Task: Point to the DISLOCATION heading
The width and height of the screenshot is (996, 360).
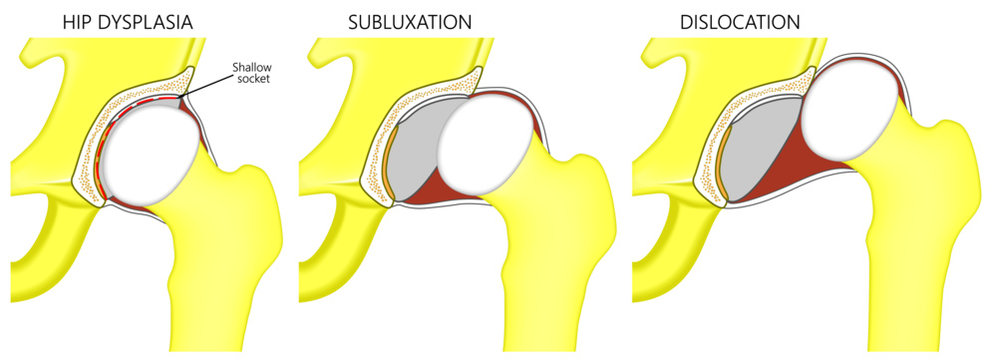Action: point(736,20)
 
